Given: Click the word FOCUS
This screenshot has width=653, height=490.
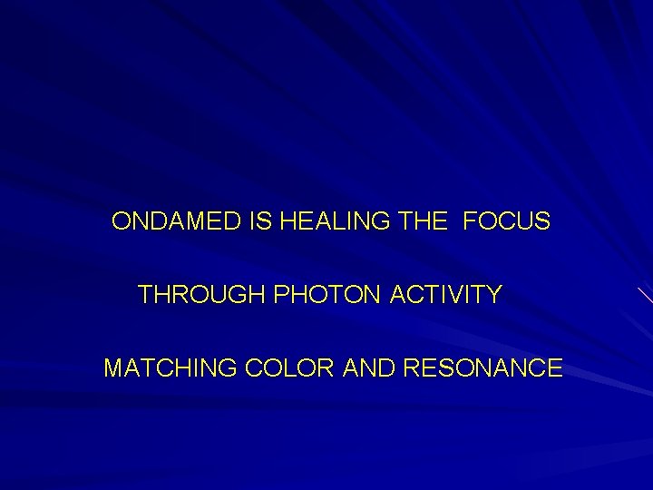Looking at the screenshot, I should tap(506, 221).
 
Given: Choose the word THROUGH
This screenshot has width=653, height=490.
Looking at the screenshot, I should tap(191, 295).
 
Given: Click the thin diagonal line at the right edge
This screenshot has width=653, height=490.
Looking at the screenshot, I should tap(644, 296).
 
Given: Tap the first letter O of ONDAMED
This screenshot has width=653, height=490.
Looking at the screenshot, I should tap(121, 221).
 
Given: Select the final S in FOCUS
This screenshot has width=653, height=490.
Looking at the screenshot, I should tap(542, 221).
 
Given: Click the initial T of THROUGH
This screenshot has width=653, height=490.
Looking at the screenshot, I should tap(145, 295).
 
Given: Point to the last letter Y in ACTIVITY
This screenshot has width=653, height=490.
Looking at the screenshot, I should tap(493, 295).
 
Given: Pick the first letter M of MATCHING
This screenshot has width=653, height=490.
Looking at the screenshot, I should tap(114, 368).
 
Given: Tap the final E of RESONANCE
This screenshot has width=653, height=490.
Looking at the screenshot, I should tap(555, 368).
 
